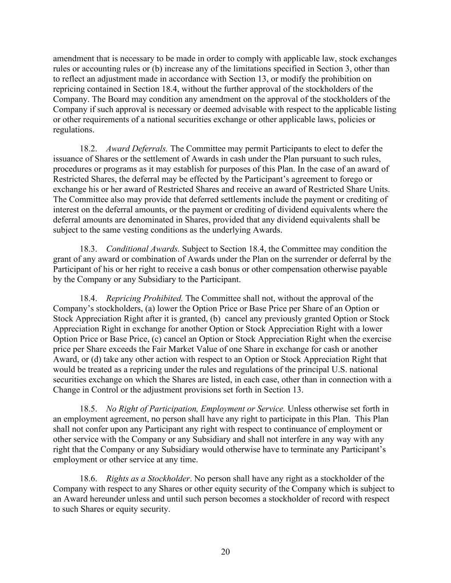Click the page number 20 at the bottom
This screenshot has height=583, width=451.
pyautogui.click(x=225, y=552)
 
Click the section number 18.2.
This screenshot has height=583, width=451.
pyautogui.click(x=88, y=149)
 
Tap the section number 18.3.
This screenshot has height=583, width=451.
pyautogui.click(x=88, y=249)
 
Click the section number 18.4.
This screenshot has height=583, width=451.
pyautogui.click(x=88, y=298)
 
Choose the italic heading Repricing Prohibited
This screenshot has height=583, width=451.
pyautogui.click(x=144, y=298)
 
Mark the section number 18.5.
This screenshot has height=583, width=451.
pyautogui.click(x=88, y=409)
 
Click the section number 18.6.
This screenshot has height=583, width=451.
pyautogui.click(x=88, y=479)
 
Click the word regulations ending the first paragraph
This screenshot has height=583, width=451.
pyautogui.click(x=73, y=130)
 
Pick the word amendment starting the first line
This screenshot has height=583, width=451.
pyautogui.click(x=73, y=59)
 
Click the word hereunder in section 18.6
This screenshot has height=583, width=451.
pyautogui.click(x=109, y=499)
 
